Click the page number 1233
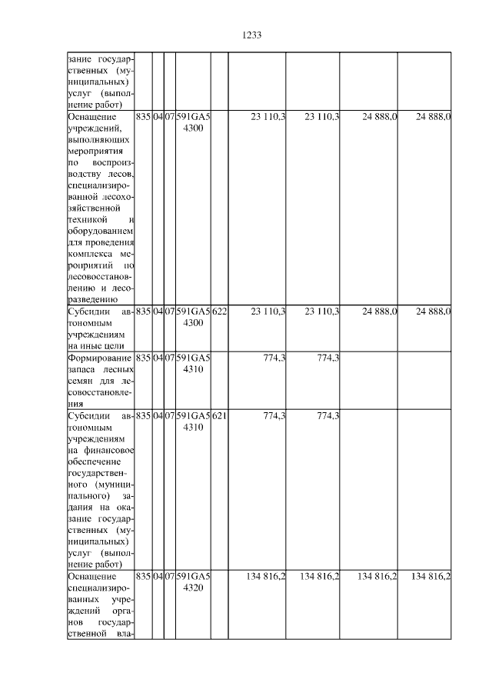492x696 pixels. click(252, 35)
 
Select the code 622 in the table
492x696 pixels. click(219, 311)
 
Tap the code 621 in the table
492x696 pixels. click(219, 415)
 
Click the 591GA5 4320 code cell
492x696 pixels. click(192, 582)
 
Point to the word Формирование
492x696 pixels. click(100, 358)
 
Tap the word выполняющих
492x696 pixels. click(98, 142)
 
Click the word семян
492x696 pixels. click(81, 381)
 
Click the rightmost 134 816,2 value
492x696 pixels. click(430, 576)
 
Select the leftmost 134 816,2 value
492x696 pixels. click(266, 576)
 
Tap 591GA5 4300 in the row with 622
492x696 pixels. click(192, 318)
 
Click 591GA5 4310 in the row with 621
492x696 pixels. click(192, 421)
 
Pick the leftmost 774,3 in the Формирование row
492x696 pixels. click(274, 358)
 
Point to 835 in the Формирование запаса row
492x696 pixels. click(142, 358)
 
